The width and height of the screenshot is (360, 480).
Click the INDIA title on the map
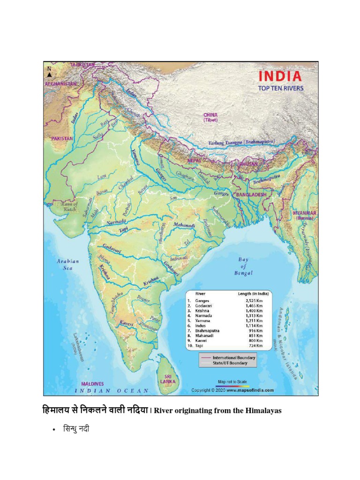point(280,76)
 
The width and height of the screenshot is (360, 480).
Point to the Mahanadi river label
point(184,225)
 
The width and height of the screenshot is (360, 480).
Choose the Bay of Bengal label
point(243,266)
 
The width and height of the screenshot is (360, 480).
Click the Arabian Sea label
point(68,264)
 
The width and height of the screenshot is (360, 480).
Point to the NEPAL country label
point(194,160)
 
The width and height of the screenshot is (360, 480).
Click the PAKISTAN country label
point(59,139)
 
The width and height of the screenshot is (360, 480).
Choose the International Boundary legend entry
point(233,358)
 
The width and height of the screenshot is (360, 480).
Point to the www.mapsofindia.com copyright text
point(251,390)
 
